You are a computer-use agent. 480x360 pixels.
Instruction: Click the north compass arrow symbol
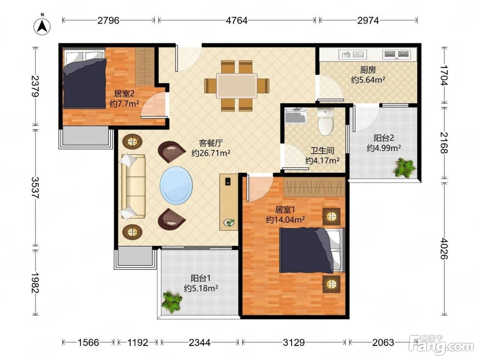[42, 27]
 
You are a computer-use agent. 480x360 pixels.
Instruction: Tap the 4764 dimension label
[237, 21]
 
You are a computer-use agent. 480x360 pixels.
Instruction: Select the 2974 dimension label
[368, 21]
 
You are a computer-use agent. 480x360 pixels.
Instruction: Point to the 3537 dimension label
[35, 188]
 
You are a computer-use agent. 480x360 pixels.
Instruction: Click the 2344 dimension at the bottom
[199, 342]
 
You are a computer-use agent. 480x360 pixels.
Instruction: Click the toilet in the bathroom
[326, 121]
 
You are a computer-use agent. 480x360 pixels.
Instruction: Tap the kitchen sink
[353, 54]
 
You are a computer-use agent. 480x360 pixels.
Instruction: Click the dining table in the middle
[237, 86]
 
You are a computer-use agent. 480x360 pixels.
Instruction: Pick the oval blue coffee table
[176, 185]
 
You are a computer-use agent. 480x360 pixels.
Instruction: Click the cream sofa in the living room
[133, 186]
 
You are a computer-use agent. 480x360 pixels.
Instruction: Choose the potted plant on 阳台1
[172, 302]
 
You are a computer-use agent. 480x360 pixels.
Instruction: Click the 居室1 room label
[285, 210]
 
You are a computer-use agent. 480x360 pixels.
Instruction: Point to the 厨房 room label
[368, 70]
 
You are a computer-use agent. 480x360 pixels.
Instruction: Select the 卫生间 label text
[322, 150]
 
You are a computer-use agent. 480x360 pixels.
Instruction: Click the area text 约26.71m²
[211, 153]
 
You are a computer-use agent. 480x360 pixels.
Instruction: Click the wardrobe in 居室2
[144, 67]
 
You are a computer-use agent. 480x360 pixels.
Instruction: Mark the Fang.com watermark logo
[441, 345]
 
